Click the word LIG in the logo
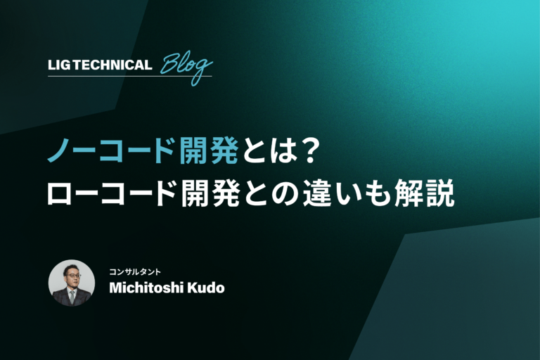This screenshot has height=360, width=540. pos(59,65)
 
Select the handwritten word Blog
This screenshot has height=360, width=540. pos(186,67)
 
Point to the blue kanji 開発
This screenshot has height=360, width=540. pos(209,150)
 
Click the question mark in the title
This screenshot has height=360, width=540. pos(306,150)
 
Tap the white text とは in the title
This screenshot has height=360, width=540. pos(268,150)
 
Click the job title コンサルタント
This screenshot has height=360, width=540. pos(135,272)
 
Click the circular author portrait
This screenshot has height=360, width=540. pos(72,283)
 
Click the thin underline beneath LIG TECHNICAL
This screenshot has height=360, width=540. pos(130,76)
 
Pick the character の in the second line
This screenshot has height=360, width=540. pos(285,194)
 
